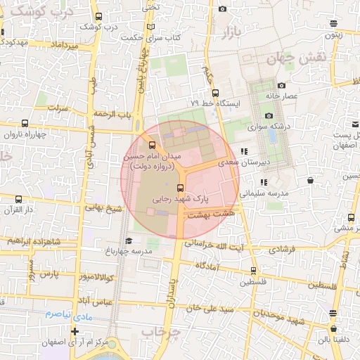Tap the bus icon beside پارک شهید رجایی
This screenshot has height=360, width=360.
coord(181,188)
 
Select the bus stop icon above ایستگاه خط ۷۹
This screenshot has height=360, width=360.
coord(215,91)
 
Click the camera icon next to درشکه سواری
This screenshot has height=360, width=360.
coord(268,116)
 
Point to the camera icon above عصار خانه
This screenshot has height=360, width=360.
coord(268,82)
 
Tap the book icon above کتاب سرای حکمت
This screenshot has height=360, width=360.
coord(150,27)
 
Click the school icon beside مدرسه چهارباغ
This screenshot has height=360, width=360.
coord(128,241)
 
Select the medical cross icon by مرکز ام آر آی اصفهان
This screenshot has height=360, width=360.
coord(75,331)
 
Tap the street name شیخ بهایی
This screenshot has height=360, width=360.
coord(104,208)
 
